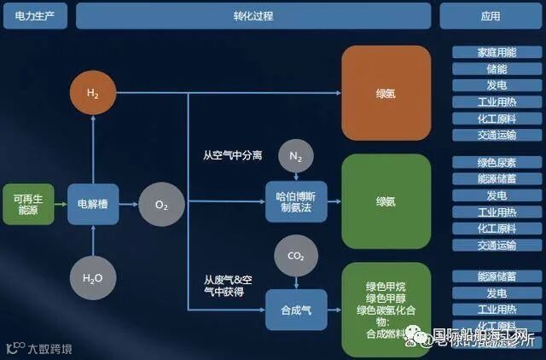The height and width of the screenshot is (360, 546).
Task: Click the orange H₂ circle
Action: pyautogui.click(x=92, y=92)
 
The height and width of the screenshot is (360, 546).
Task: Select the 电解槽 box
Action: pyautogui.click(x=92, y=204)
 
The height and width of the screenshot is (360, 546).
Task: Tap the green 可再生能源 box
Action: pyautogui.click(x=28, y=204)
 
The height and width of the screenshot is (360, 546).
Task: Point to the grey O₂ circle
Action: pyautogui.click(x=161, y=205)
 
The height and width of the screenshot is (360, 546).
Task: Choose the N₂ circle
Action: pyautogui.click(x=296, y=156)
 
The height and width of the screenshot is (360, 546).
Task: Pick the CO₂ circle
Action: pyautogui.click(x=296, y=255)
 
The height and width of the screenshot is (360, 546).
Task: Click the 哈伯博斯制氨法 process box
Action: pyautogui.click(x=296, y=202)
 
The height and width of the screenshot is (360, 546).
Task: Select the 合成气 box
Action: pyautogui.click(x=296, y=311)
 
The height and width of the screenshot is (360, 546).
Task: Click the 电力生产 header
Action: pyautogui.click(x=35, y=15)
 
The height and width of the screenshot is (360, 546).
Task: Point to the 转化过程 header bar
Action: pyautogui.click(x=253, y=15)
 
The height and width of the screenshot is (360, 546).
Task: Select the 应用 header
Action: pyautogui.click(x=491, y=15)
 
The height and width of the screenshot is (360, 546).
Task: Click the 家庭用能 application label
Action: pyautogui.click(x=497, y=53)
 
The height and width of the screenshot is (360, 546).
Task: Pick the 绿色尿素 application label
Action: pyautogui.click(x=497, y=162)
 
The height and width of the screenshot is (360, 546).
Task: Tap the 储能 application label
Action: pyautogui.click(x=497, y=69)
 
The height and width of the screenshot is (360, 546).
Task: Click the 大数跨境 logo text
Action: pyautogui.click(x=50, y=348)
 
